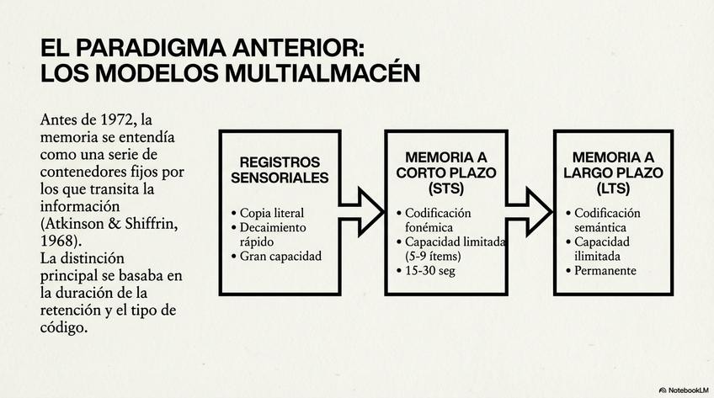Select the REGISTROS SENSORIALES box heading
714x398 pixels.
[x=280, y=169]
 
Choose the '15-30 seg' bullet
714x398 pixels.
[x=429, y=271]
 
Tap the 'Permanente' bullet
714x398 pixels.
[x=605, y=271]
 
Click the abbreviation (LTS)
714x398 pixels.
[x=613, y=186]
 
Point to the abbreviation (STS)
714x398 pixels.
[x=445, y=186]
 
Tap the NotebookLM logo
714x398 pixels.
[x=684, y=390]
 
